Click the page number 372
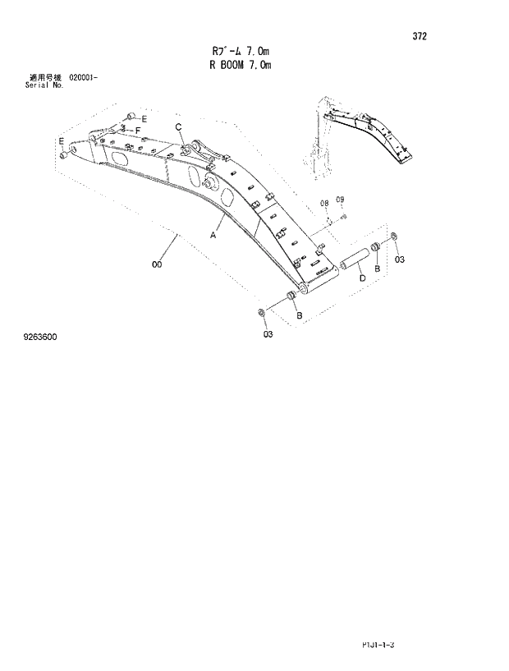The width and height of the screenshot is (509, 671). [x=420, y=36]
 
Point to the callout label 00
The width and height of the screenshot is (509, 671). [x=156, y=264]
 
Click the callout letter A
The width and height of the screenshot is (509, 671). [x=213, y=235]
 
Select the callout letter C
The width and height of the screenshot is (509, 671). [x=178, y=126]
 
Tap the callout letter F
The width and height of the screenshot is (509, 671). [x=138, y=131]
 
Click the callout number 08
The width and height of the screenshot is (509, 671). [x=324, y=202]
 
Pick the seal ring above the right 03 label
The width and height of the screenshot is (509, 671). [x=393, y=238]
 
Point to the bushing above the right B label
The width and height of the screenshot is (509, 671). [x=375, y=247]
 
